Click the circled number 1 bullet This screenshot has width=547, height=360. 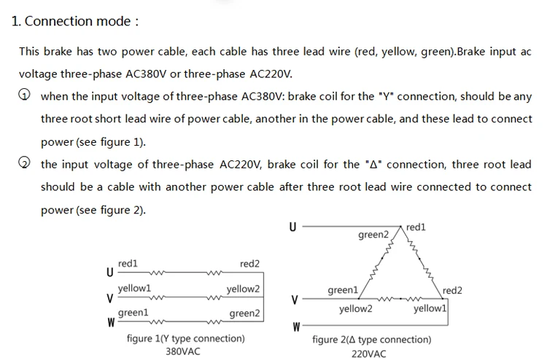pos(24,95)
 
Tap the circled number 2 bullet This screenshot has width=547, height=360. pos(24,163)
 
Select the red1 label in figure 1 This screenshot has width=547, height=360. pos(128,264)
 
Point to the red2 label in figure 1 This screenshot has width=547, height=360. pos(249,264)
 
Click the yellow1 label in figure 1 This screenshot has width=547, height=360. pos(135,289)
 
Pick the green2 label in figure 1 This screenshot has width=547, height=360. pos(244,313)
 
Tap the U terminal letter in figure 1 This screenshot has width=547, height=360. pos(110,272)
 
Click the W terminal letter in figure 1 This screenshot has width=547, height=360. pos(111,323)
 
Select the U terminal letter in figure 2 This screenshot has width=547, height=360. pos(292,227)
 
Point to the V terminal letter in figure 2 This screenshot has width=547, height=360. pos(295,300)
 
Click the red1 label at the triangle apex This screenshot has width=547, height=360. pos(416,227)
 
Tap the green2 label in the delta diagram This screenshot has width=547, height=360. pos(373,235)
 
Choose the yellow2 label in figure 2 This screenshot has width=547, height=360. pos(356,309)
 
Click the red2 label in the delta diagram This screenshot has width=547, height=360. pos(452,290)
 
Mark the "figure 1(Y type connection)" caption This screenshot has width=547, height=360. pos(185,339)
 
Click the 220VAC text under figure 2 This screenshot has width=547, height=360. pos(369,354)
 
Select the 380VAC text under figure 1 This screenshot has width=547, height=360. pos(183,351)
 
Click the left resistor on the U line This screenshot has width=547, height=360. pos(158,273)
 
